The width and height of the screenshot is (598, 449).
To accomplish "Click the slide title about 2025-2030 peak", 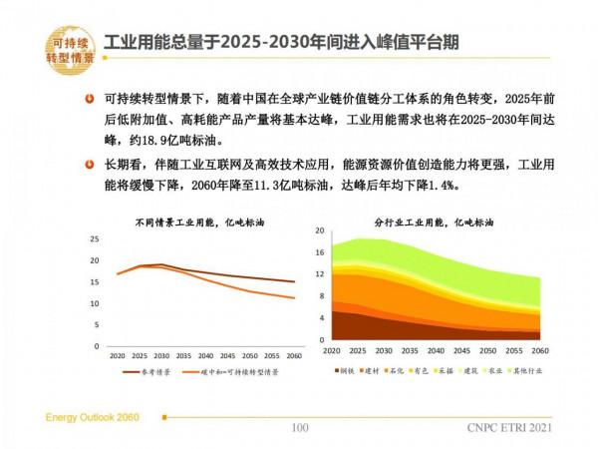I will (289, 43).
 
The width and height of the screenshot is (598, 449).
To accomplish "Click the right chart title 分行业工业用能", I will (433, 222).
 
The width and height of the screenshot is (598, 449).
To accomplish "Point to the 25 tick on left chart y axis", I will (95, 239).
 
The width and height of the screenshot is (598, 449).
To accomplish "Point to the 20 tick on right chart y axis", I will (321, 230).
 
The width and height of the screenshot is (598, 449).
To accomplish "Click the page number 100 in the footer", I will (299, 428).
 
